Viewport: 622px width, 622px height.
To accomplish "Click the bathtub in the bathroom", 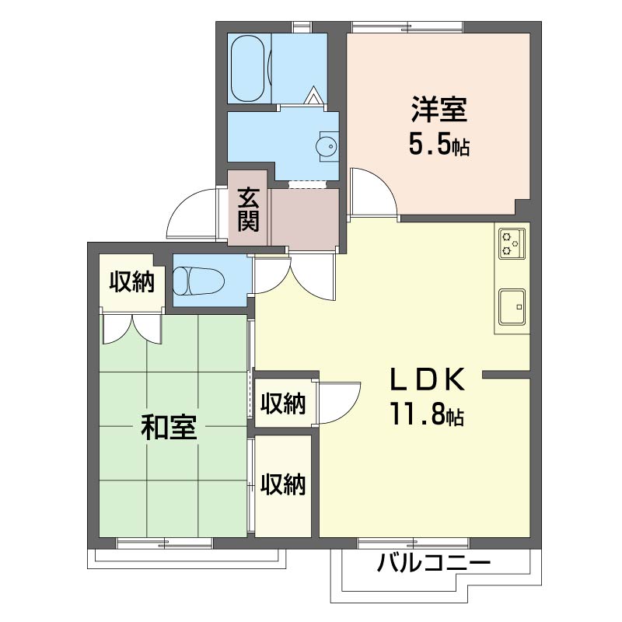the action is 248,68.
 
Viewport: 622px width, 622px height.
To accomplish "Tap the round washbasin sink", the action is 327,147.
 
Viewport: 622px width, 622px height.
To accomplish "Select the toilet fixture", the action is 199,281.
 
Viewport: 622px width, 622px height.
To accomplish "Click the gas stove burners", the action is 512,243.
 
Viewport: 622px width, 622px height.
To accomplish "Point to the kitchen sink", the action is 512,306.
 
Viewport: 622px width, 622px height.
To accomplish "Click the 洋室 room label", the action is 439,109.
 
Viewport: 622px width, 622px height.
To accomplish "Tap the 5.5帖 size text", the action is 439,145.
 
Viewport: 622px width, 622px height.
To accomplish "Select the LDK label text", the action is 428,379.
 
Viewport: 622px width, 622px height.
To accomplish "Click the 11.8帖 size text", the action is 427,414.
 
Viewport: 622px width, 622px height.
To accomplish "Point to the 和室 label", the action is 169,427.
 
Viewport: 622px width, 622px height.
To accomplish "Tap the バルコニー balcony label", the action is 434,562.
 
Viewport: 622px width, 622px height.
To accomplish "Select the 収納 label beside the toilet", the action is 131,281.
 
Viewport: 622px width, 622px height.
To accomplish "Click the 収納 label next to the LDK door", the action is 283,404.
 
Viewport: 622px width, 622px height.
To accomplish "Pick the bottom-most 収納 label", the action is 283,484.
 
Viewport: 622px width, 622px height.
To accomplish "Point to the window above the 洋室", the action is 407,27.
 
